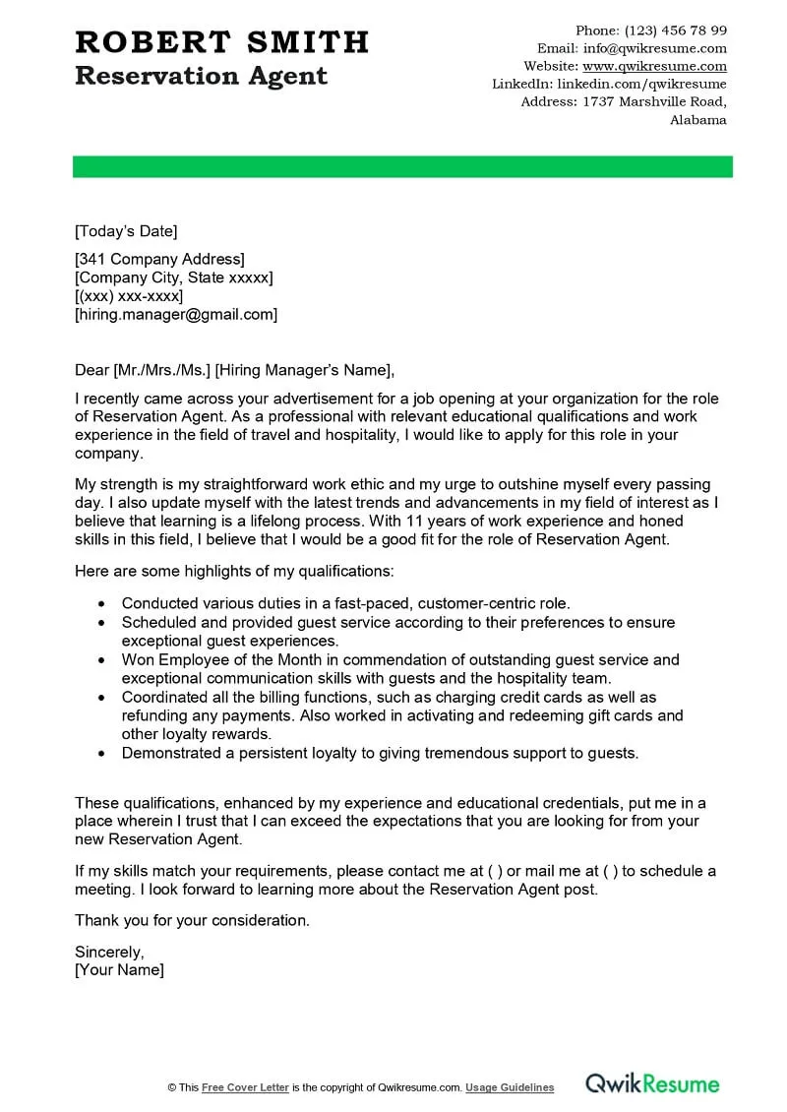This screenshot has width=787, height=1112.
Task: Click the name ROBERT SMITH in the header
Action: tap(221, 42)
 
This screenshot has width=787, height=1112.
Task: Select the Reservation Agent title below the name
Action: tap(201, 77)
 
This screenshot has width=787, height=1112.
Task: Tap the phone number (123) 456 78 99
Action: tap(676, 31)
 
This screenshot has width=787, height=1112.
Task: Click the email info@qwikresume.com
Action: tap(654, 48)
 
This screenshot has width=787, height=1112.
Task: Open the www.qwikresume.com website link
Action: tap(654, 66)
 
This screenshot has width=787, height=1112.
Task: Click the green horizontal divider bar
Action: tap(402, 166)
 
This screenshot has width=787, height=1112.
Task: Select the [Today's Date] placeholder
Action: tap(126, 231)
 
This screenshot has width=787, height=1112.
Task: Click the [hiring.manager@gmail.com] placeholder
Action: tap(176, 315)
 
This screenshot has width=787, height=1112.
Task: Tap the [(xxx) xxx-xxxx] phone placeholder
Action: tap(129, 296)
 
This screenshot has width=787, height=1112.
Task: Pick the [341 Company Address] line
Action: tap(159, 259)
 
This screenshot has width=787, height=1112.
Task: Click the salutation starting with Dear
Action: tap(234, 370)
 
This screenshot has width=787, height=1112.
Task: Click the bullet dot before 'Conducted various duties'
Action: tap(103, 604)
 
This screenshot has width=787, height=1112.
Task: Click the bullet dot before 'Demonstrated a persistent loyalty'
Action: tap(103, 754)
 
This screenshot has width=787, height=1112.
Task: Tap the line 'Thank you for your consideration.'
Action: tap(192, 921)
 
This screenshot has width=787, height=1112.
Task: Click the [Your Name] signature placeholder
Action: tap(119, 970)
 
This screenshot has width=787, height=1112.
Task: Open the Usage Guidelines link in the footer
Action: tap(510, 1087)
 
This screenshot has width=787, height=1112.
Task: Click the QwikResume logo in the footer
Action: tap(652, 1084)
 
